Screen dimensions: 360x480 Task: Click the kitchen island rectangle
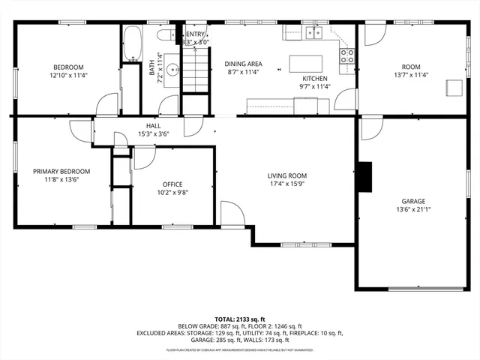(x=305, y=61)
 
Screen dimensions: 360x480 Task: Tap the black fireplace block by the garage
(x=364, y=176)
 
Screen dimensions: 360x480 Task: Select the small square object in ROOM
(x=453, y=87)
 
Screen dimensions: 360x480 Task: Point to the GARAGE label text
(x=412, y=202)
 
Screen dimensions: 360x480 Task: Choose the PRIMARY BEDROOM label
(x=61, y=172)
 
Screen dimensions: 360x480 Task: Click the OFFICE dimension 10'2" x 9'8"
(x=173, y=192)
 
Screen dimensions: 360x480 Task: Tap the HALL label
(x=154, y=126)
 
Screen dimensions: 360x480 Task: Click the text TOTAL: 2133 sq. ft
(x=239, y=319)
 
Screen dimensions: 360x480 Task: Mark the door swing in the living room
(x=231, y=211)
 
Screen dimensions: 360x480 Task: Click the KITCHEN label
(x=315, y=79)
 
